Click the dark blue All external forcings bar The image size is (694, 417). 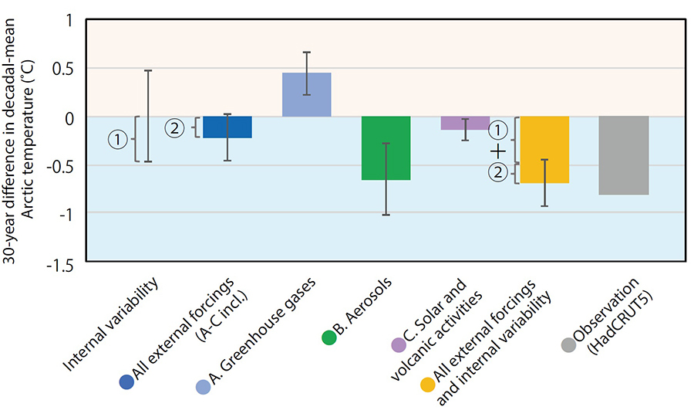[227, 127]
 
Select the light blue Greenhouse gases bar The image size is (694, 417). [307, 95]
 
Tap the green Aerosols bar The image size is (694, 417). [386, 148]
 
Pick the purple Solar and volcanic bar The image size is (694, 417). [465, 124]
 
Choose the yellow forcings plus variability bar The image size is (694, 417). [544, 150]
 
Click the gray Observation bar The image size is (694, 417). [624, 155]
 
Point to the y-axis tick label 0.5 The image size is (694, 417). [63, 69]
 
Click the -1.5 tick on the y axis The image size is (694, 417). [60, 266]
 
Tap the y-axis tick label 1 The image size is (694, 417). [69, 21]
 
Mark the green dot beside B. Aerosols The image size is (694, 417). [329, 337]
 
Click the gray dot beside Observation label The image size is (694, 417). [569, 344]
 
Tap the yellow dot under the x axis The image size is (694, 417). [428, 385]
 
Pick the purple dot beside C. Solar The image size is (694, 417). [399, 344]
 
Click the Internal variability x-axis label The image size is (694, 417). [110, 325]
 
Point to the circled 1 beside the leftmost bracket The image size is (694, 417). [118, 140]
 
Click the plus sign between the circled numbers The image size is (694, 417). [498, 152]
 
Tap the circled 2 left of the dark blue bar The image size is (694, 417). [175, 128]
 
